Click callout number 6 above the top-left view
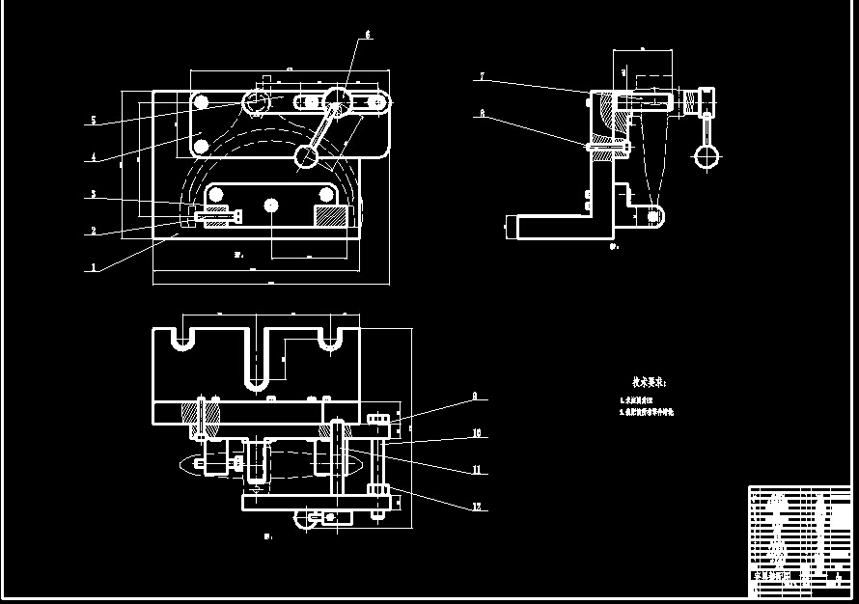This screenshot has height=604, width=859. tap(368, 35)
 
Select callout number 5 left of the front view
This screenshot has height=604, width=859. tap(93, 121)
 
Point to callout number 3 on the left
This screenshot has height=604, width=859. tap(93, 195)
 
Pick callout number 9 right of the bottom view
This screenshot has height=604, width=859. tap(475, 396)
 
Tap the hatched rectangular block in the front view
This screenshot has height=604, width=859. tap(330, 218)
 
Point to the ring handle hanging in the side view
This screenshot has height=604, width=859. tap(707, 153)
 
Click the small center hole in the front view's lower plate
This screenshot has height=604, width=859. tap(271, 205)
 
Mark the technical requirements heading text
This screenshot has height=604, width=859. tap(649, 383)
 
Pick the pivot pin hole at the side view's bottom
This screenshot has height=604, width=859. tap(654, 217)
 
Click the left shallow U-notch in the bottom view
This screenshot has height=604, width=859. tap(180, 341)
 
